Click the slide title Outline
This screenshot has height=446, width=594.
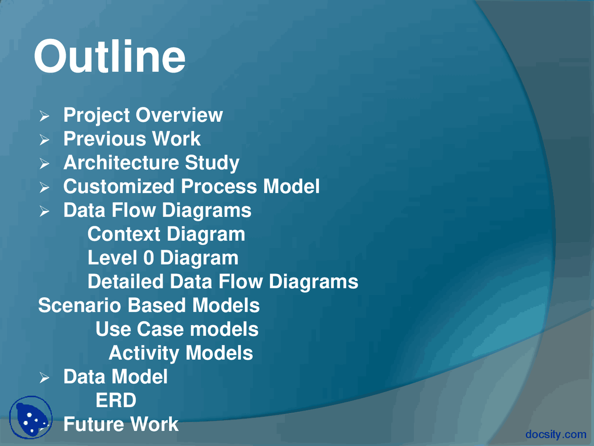click(x=110, y=56)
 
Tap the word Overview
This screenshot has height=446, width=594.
click(x=179, y=115)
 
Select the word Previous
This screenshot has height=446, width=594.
click(x=105, y=139)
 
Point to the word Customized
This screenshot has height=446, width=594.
click(x=118, y=187)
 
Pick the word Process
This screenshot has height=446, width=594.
click(x=219, y=187)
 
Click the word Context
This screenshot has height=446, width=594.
click(x=124, y=234)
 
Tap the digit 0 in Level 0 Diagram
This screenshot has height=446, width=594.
click(x=148, y=258)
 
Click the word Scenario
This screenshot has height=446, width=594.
click(x=79, y=306)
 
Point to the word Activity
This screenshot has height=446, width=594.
click(x=144, y=354)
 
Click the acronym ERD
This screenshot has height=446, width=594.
click(x=116, y=400)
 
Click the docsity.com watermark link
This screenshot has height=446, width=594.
click(x=556, y=434)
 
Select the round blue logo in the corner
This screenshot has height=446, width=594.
click(x=31, y=417)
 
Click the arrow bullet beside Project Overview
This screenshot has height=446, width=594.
click(x=44, y=116)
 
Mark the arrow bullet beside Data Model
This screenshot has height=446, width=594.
click(x=44, y=378)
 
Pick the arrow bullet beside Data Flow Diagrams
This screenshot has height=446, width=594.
click(x=44, y=211)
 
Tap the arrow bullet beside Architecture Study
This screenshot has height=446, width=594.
click(x=44, y=164)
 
